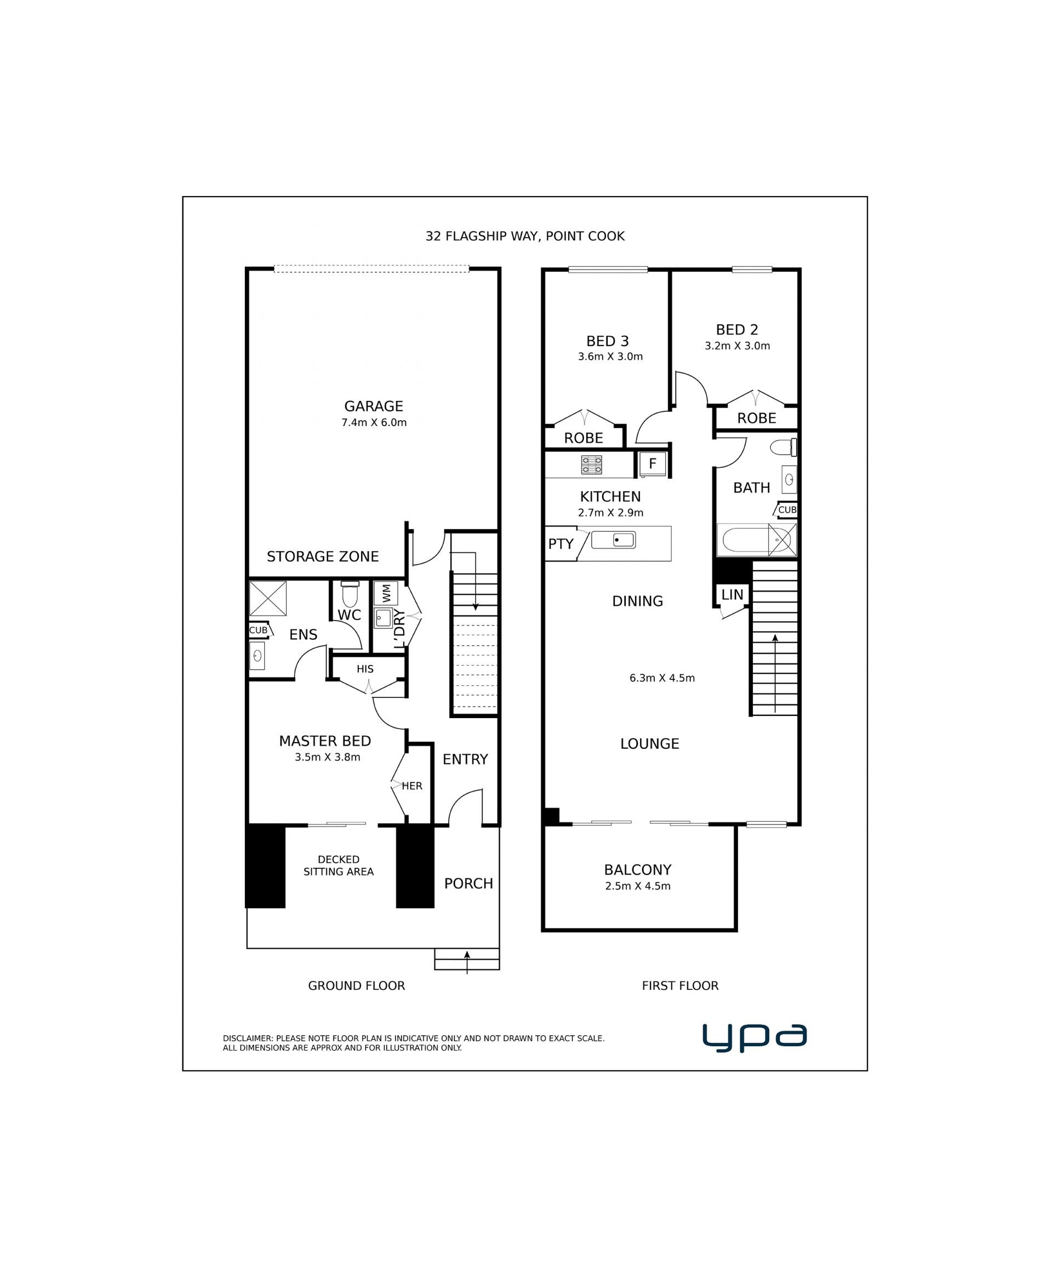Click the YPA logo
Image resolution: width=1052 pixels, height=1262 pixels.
[754, 1038]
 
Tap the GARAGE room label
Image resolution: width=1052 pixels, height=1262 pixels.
[373, 406]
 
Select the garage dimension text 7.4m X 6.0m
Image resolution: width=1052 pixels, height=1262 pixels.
[374, 422]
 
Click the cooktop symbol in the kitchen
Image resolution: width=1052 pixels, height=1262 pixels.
[592, 464]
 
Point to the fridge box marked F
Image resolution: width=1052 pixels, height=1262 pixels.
[652, 463]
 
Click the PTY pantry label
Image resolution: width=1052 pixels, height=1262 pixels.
[561, 544]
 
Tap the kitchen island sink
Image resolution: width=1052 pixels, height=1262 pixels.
[613, 540]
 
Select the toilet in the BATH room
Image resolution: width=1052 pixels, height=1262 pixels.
[784, 447]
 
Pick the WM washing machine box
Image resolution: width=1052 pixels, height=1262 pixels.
[386, 593]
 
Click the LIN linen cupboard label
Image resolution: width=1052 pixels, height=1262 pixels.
[732, 595]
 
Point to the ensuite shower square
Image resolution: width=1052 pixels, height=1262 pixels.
[267, 598]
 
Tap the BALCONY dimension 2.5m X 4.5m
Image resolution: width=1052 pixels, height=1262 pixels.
[638, 886]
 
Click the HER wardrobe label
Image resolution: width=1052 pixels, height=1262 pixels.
[412, 786]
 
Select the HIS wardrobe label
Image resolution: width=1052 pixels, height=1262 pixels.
[365, 669]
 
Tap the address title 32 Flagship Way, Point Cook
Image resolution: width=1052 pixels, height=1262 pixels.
[525, 236]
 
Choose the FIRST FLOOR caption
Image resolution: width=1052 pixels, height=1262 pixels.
[680, 985]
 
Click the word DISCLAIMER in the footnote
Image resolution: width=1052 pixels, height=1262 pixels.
[248, 1039]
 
